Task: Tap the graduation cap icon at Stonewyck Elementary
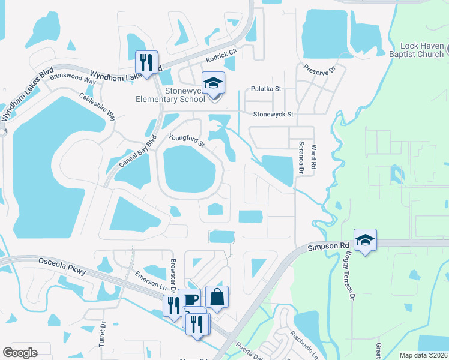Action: coord(212,83)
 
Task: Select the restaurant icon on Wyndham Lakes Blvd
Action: coord(146,62)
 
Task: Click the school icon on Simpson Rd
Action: coord(364,240)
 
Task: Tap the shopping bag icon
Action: coord(217,297)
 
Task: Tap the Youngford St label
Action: coord(187,140)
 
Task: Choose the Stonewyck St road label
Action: coord(273,113)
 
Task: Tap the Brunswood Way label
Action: coord(73,77)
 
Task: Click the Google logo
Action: coord(20,353)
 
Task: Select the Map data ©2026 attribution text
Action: coord(423,355)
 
